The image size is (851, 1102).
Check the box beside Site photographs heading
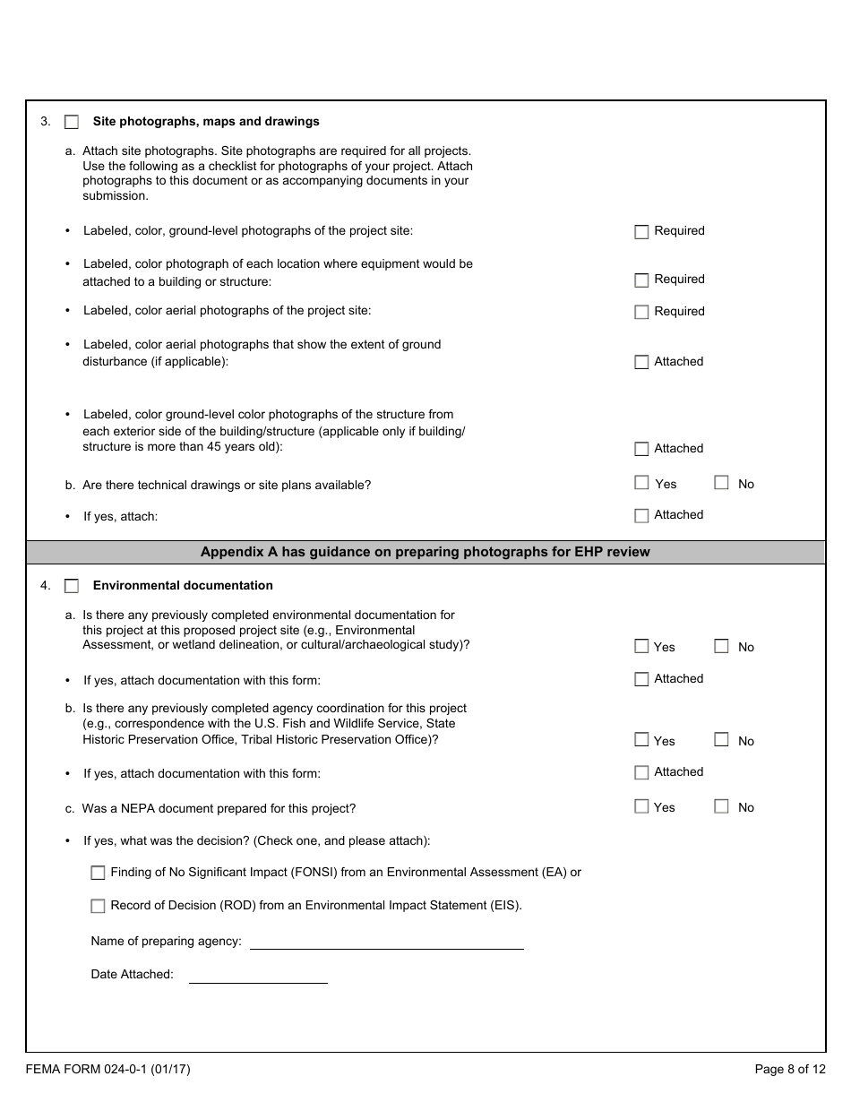point(72,122)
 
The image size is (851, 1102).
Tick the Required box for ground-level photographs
point(641,232)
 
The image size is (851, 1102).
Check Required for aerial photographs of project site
point(641,313)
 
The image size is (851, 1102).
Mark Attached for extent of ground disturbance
point(641,363)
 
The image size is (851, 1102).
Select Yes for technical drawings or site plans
point(641,483)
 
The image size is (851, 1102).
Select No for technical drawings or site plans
point(721,483)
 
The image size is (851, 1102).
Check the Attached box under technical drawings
point(641,516)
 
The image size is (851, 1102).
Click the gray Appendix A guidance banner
point(425,552)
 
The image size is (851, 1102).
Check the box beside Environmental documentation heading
point(72,586)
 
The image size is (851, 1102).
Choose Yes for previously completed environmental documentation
point(641,646)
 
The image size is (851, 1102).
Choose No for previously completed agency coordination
point(721,740)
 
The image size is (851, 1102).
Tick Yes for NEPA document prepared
point(641,806)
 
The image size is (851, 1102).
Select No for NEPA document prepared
point(721,806)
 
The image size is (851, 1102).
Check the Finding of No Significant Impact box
point(98,873)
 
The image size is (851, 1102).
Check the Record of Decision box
point(98,906)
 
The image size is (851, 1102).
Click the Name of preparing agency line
point(386,942)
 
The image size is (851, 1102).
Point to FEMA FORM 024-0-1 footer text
point(107,1069)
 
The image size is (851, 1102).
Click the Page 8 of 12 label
point(789,1069)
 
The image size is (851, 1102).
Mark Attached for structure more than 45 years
point(641,450)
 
